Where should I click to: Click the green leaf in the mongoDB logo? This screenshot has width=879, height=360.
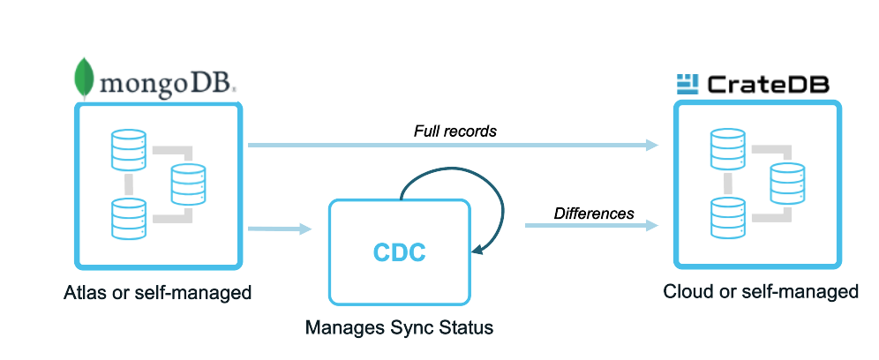[85, 77]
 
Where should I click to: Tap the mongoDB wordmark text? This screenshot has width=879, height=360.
[169, 84]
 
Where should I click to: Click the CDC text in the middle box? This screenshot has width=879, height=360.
[398, 253]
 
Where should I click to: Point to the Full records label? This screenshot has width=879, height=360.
[455, 131]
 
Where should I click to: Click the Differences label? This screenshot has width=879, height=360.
[593, 213]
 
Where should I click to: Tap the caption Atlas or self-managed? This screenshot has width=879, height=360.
[158, 292]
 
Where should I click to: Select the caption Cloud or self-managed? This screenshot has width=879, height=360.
[761, 291]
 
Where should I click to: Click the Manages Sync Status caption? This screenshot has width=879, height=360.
[399, 327]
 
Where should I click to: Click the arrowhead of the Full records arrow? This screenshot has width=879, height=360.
[653, 145]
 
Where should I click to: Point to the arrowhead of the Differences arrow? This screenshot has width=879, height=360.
[653, 226]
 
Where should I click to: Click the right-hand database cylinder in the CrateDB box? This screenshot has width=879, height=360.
[787, 184]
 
